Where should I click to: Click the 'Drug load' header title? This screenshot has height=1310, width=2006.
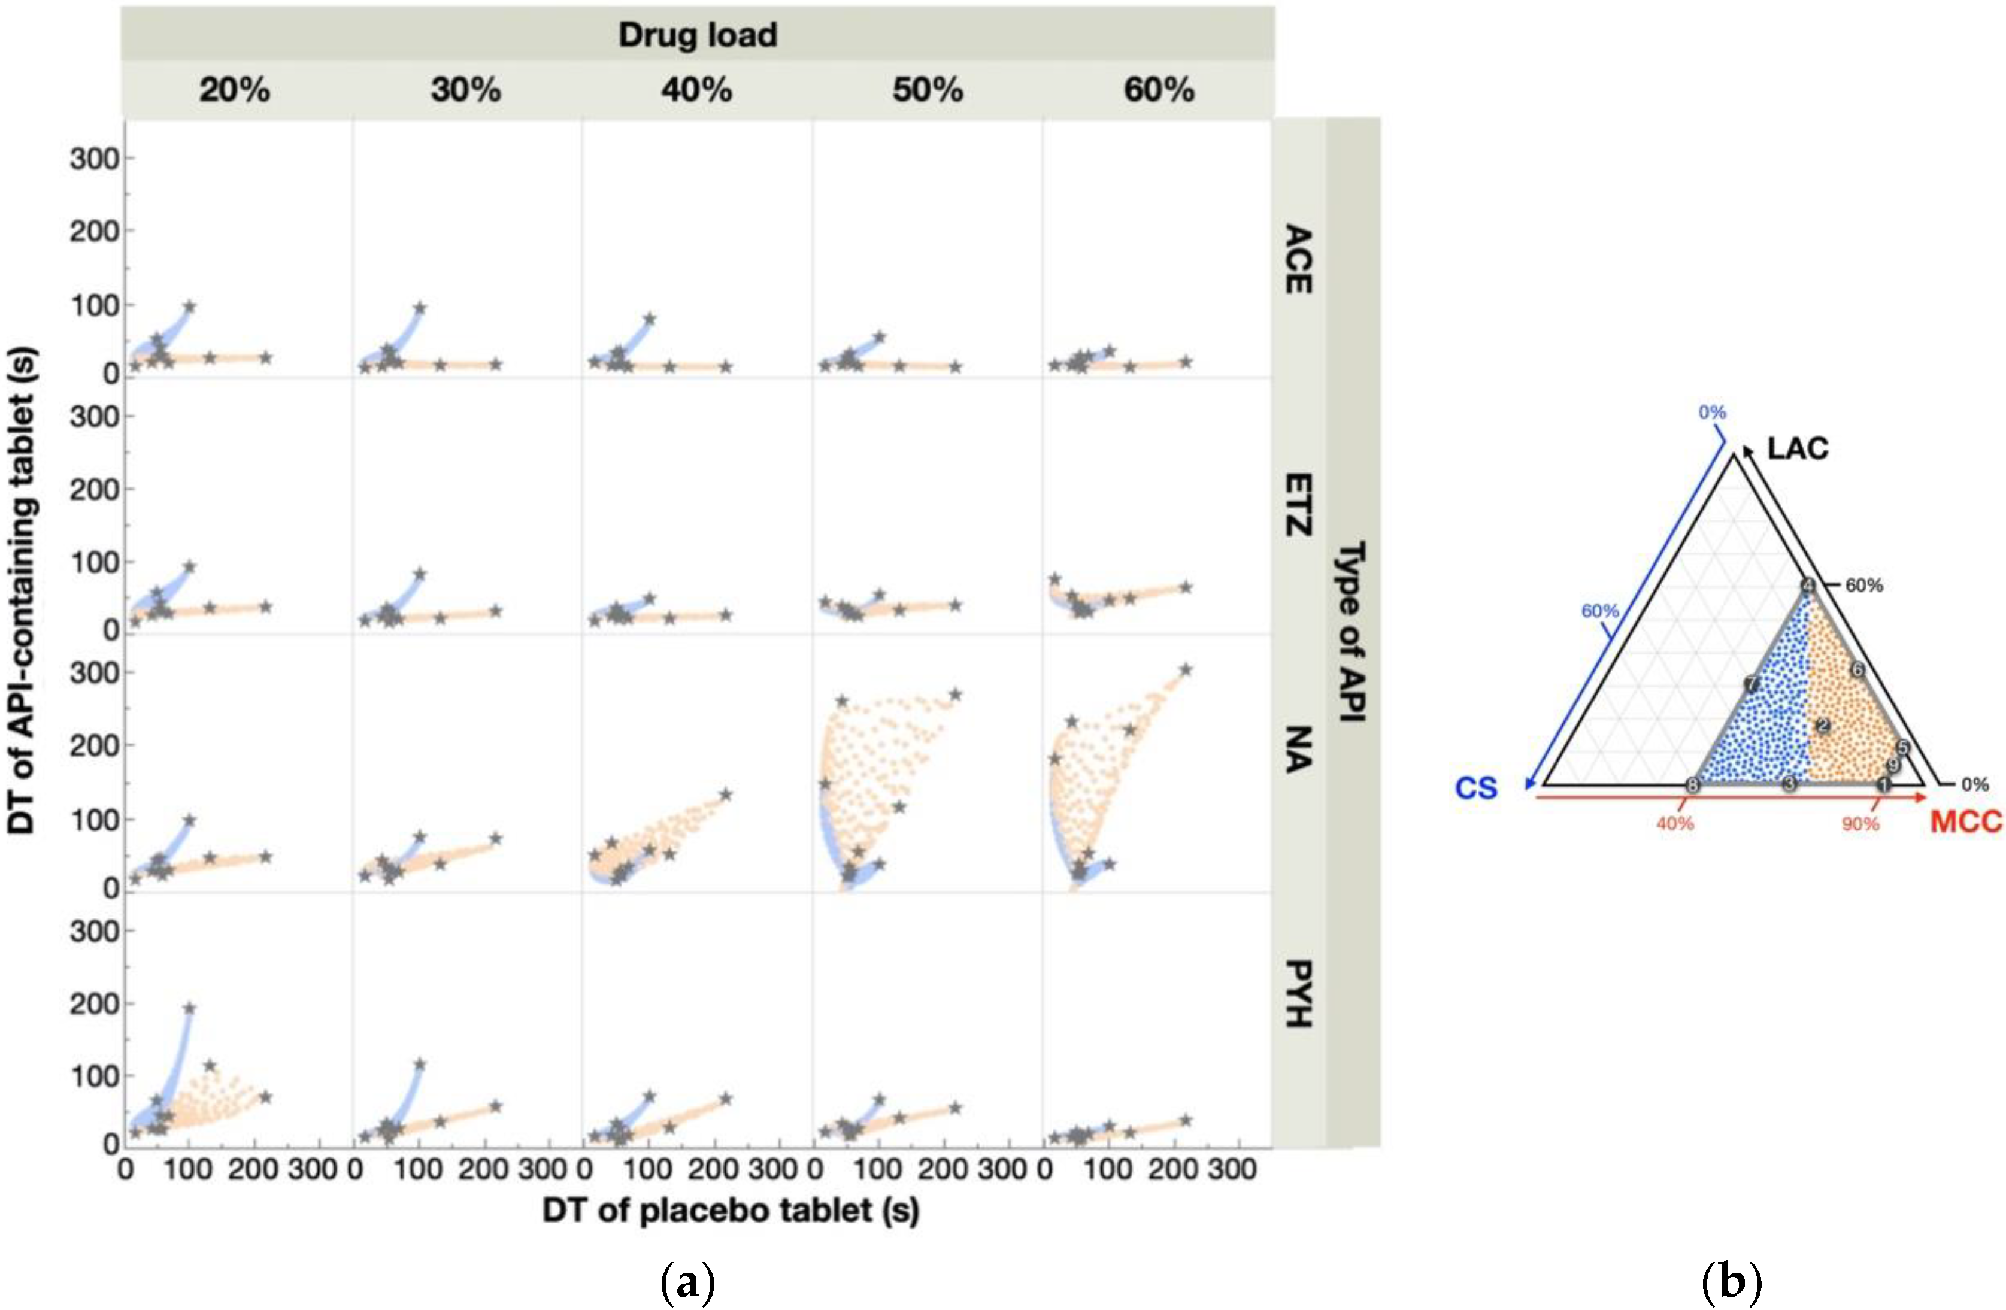pyautogui.click(x=698, y=35)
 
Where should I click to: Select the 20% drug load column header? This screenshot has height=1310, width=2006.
pyautogui.click(x=234, y=89)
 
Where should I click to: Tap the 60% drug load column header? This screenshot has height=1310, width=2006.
pyautogui.click(x=1159, y=89)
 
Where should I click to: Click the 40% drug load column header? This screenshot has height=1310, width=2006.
pyautogui.click(x=696, y=89)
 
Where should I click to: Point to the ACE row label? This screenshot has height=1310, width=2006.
pyautogui.click(x=1298, y=259)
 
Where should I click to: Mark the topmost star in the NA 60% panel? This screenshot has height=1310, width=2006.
pyautogui.click(x=1185, y=669)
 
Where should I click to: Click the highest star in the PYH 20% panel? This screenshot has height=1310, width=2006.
pyautogui.click(x=190, y=1008)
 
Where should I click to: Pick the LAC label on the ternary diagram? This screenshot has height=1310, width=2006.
pyautogui.click(x=1797, y=448)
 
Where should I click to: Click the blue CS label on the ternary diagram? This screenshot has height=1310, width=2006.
pyautogui.click(x=1476, y=788)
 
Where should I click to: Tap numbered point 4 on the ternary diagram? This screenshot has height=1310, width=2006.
pyautogui.click(x=1808, y=585)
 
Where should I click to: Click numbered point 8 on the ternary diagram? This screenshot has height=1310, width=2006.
pyautogui.click(x=1692, y=786)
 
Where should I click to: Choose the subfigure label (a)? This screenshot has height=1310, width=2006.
pyautogui.click(x=688, y=1282)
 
